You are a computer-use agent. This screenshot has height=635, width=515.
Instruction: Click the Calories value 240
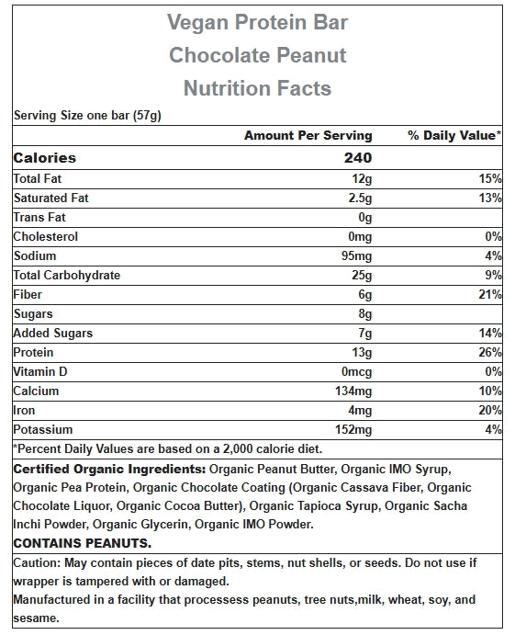coord(358,157)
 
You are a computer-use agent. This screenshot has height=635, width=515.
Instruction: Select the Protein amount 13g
coord(362,352)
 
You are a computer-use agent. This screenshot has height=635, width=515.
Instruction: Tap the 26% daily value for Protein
coord(490,352)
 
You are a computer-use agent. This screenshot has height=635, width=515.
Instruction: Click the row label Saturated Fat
coord(51,198)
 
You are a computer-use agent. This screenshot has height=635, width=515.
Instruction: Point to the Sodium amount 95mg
coord(356,256)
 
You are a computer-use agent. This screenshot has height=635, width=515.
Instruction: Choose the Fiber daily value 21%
coord(490,294)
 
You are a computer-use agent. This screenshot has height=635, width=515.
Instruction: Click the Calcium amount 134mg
coord(353,391)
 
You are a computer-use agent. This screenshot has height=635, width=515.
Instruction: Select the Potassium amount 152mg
coord(353,429)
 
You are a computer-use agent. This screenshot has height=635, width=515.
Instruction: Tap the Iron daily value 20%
coord(490,410)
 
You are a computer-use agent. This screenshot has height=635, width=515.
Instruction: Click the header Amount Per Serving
coord(308,135)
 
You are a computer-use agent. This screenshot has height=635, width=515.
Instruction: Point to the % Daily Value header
coord(454,135)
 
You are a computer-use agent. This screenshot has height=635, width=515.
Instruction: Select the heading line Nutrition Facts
coord(257,88)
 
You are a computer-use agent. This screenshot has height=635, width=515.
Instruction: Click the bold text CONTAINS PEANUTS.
coord(82,543)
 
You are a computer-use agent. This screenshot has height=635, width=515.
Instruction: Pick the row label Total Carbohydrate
coord(67,275)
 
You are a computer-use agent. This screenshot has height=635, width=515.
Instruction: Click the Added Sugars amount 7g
coord(365,333)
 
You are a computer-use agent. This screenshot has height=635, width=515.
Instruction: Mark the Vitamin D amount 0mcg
coord(356,371)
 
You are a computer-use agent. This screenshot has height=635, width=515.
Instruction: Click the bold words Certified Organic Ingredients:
coord(109,469)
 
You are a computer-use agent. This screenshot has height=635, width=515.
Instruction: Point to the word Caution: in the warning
coord(37,562)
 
